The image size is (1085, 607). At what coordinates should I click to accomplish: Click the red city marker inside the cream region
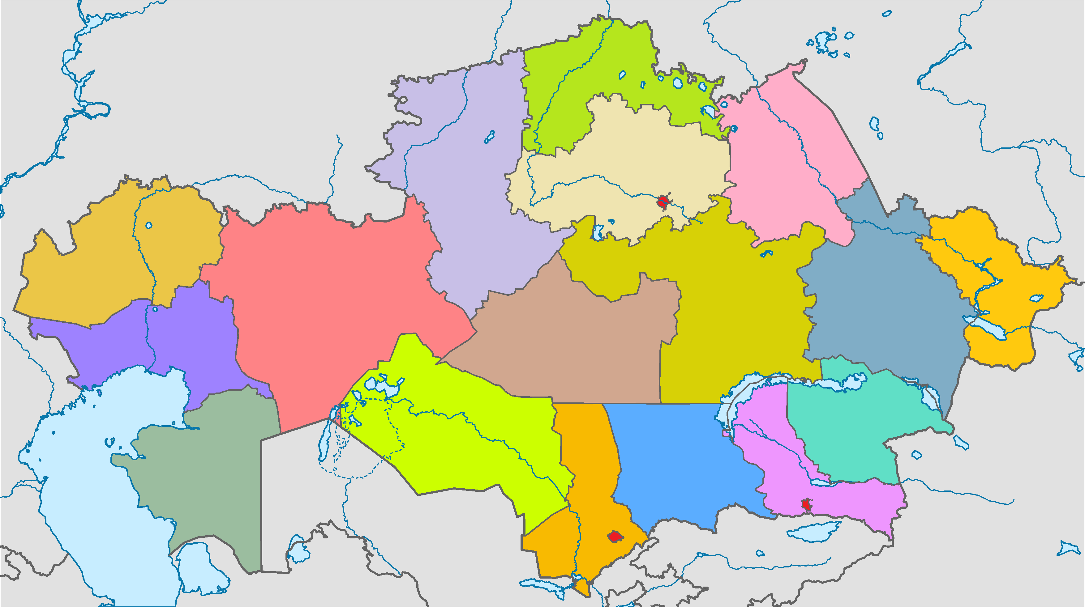pyautogui.click(x=663, y=202)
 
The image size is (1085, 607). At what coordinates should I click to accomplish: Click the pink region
pyautogui.click(x=783, y=168)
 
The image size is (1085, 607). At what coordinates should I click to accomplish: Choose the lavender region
pyautogui.click(x=472, y=189)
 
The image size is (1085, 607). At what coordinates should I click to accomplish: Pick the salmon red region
pyautogui.click(x=328, y=295)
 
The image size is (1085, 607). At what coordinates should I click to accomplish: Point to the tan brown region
pyautogui.click(x=568, y=345)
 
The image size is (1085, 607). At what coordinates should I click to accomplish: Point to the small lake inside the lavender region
pyautogui.click(x=489, y=136)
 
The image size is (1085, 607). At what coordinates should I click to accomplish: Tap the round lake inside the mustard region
pyautogui.click(x=149, y=226)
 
